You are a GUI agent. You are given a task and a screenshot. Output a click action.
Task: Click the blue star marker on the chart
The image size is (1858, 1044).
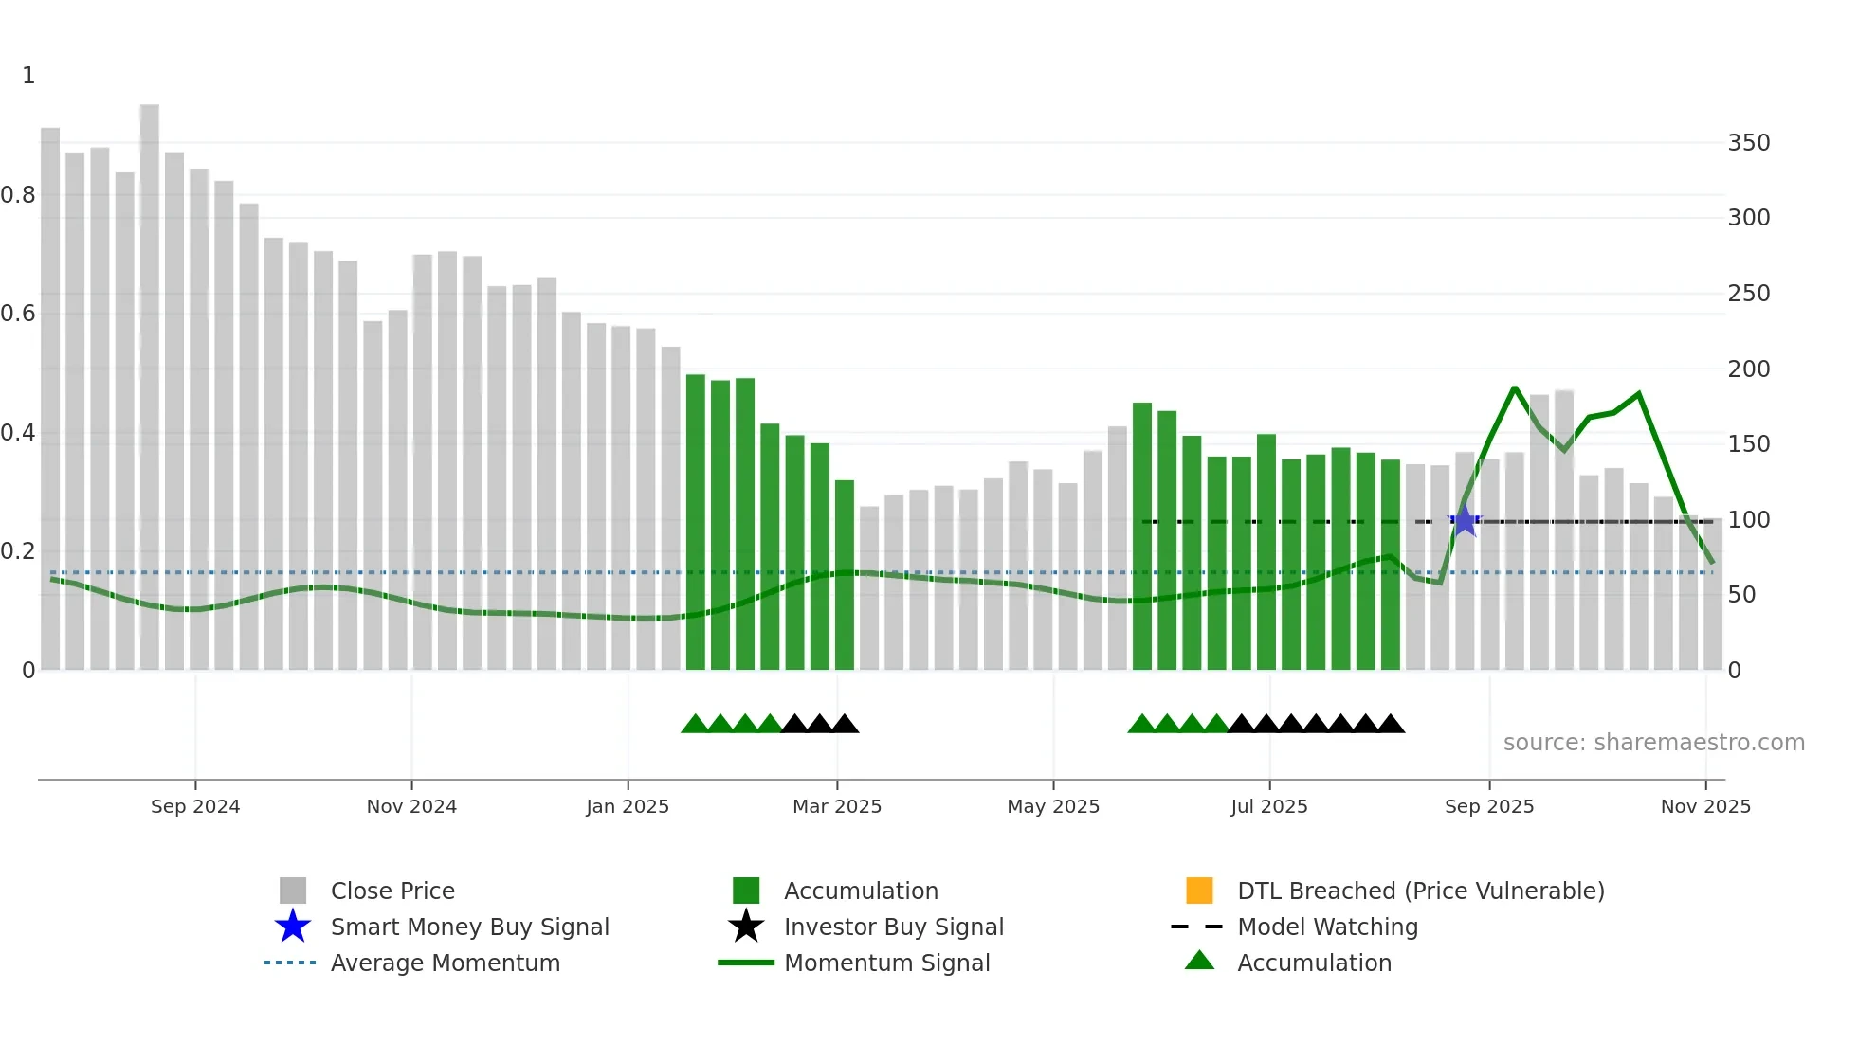1465,520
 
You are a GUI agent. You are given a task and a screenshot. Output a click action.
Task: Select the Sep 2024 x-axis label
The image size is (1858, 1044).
195,806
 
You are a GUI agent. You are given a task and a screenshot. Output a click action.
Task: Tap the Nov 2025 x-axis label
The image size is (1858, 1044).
1705,806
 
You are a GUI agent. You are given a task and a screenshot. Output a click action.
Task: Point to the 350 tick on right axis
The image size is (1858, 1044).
1748,143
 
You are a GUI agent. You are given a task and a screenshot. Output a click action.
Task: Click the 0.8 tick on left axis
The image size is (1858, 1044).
19,195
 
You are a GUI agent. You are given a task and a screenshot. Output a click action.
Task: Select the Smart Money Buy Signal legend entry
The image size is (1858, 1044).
469,927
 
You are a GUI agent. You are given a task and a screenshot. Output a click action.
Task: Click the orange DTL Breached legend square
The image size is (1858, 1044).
1199,891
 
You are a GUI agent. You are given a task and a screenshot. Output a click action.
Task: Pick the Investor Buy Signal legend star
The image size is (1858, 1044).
746,927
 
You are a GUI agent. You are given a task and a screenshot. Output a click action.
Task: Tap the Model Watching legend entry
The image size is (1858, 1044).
1327,927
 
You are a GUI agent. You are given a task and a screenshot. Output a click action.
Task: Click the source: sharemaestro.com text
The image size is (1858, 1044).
1653,743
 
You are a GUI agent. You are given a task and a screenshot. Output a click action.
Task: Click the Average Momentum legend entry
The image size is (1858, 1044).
445,963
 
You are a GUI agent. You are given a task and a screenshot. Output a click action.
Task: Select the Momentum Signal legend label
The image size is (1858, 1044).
886,963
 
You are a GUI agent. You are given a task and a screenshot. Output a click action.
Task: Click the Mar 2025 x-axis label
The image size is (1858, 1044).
837,806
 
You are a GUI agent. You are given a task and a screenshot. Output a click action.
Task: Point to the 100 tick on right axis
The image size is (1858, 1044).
1748,520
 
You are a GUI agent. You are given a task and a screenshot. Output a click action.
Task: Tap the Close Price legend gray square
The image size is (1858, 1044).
293,891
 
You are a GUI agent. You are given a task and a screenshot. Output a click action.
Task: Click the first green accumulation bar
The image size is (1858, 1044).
696,521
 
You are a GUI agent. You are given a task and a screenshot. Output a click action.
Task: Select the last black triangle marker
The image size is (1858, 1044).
1391,725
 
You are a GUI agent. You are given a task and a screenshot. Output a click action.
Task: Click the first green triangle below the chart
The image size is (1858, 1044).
695,725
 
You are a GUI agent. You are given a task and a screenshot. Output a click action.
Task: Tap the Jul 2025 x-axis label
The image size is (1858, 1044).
1269,806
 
